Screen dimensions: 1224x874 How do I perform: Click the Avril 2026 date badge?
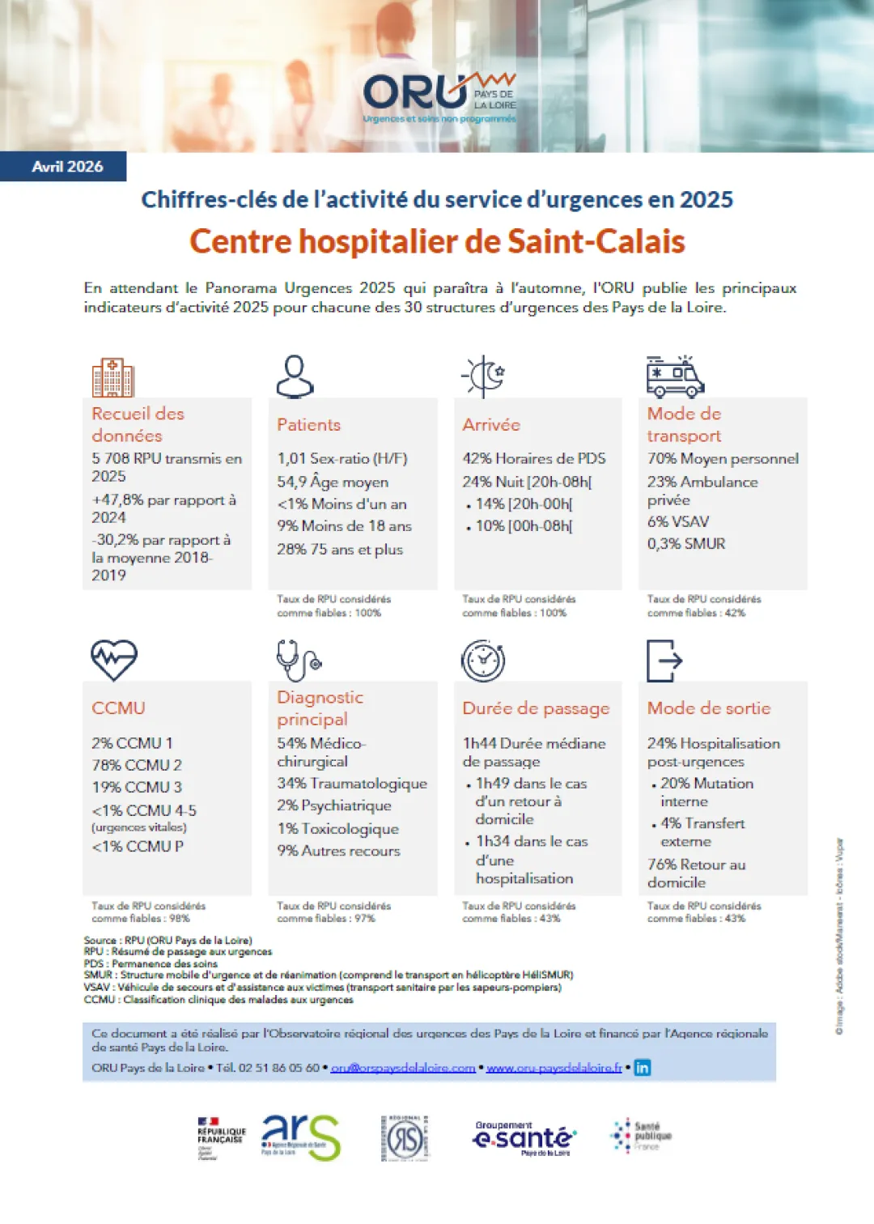click(x=67, y=167)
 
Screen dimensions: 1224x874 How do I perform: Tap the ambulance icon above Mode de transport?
click(x=675, y=377)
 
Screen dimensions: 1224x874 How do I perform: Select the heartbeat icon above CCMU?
click(x=113, y=660)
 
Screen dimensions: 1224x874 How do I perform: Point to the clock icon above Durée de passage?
click(x=483, y=661)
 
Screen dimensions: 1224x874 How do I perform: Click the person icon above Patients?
click(x=295, y=376)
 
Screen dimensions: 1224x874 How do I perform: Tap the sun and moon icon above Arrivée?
click(x=484, y=376)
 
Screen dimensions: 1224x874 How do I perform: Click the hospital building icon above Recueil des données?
click(x=112, y=377)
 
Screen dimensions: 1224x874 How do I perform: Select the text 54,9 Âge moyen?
click(x=333, y=482)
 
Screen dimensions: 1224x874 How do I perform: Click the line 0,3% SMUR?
click(x=685, y=544)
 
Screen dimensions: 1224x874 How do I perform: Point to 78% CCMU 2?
click(x=136, y=765)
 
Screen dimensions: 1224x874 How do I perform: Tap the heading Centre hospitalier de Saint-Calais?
click(x=437, y=241)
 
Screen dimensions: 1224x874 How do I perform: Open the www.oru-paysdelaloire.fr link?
click(x=554, y=1068)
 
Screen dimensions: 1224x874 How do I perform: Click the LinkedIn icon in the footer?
click(x=642, y=1068)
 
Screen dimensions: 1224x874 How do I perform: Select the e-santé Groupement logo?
click(x=524, y=1138)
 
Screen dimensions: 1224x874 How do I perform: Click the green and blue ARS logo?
click(x=300, y=1137)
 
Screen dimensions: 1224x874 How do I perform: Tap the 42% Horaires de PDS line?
click(x=533, y=459)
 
